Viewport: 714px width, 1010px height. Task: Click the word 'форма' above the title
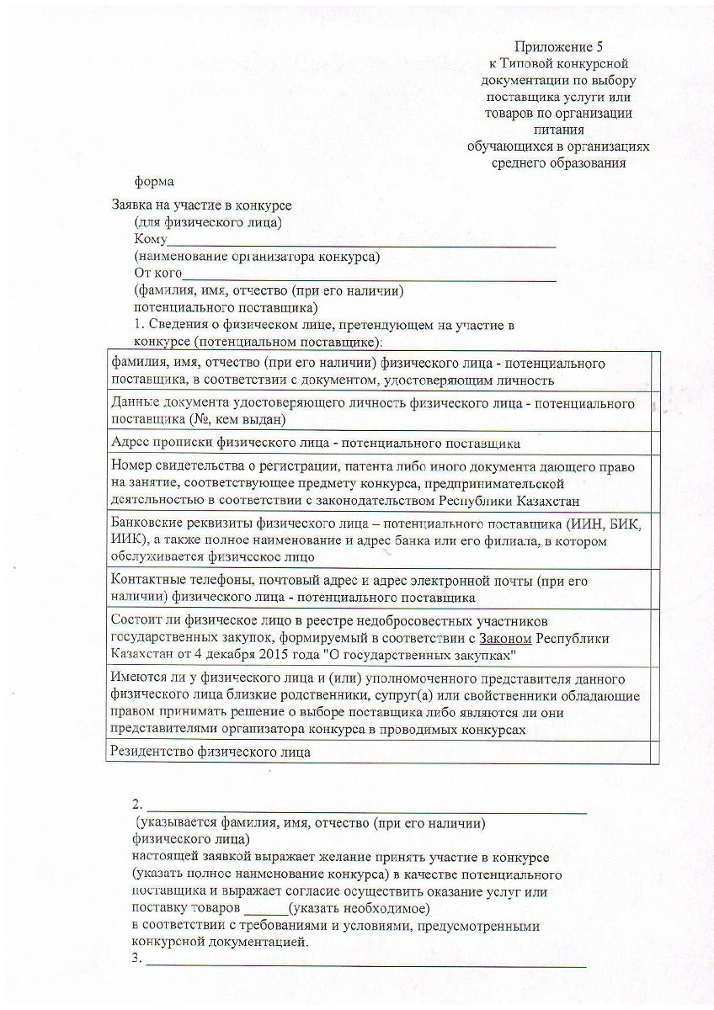(x=155, y=180)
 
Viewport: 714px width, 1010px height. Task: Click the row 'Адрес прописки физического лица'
(x=316, y=443)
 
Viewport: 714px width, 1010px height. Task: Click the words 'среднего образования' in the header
(x=558, y=162)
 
